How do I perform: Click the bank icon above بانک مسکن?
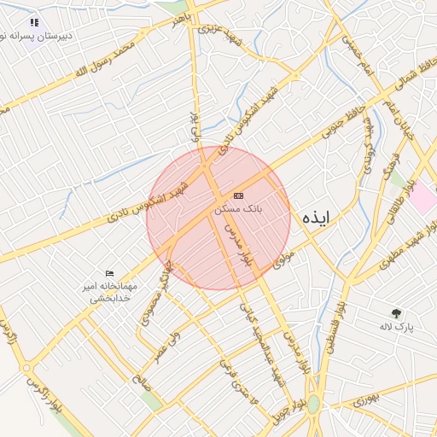pos(237,195)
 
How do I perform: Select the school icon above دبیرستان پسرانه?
pos(33,23)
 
